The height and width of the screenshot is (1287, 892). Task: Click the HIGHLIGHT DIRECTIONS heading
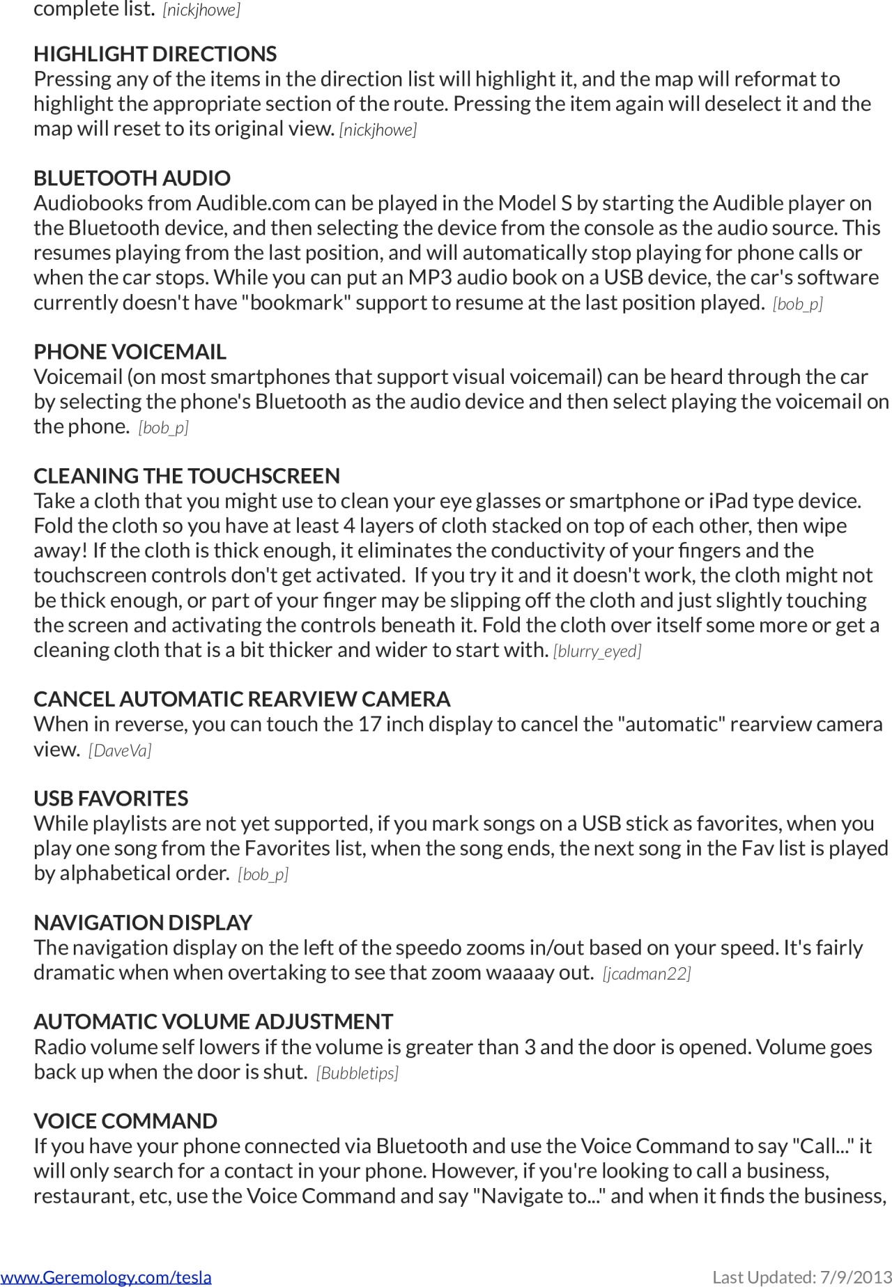(x=155, y=54)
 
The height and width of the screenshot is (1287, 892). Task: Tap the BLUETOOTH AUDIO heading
(x=132, y=178)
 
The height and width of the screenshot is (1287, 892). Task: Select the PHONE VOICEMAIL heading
(x=130, y=351)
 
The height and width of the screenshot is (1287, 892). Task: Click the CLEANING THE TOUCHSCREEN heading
(x=187, y=475)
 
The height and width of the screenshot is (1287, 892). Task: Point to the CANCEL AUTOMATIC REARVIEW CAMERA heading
(x=242, y=699)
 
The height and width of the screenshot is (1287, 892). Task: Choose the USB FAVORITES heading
(x=111, y=798)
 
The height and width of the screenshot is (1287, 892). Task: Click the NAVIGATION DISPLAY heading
(x=142, y=922)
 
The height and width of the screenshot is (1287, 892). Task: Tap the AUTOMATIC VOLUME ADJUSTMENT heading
(x=213, y=1022)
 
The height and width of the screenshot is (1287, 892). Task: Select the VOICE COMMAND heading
(x=125, y=1120)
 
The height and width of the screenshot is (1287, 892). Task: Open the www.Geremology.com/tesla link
(x=106, y=1277)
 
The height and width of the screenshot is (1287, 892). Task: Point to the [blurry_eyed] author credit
(x=597, y=651)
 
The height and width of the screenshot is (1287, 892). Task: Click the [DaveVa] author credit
(x=120, y=750)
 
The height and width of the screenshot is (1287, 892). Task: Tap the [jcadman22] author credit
(x=647, y=973)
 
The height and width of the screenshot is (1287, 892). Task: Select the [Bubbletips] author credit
(x=357, y=1073)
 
